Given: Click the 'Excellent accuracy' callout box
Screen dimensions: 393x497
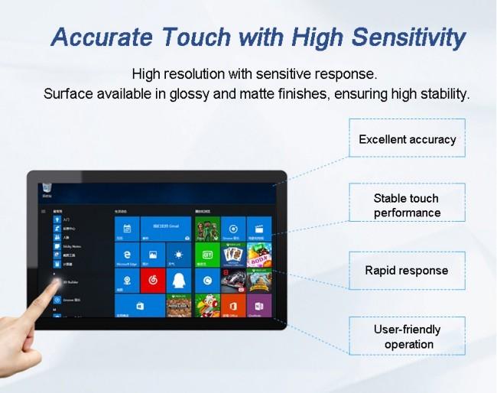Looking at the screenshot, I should tap(407, 139).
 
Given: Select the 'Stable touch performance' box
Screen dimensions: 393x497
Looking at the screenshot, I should tap(407, 206).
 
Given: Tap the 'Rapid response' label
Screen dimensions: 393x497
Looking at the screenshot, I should tap(407, 271).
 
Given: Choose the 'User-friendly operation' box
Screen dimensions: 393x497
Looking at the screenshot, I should tap(407, 336).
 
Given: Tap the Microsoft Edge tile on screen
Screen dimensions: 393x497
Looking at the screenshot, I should tap(126, 255).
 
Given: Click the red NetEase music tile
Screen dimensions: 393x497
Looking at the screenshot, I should tap(152, 281).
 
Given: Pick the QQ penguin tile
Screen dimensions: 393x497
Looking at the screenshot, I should tap(178, 281).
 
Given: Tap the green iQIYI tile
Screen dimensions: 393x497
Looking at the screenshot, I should tap(206, 255).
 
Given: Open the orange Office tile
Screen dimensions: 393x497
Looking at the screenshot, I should tap(232, 306).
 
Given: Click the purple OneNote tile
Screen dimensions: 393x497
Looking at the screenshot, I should tap(258, 306).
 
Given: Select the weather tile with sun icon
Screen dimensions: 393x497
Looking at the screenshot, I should tap(178, 255).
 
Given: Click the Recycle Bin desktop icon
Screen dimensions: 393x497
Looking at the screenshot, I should tap(47, 188).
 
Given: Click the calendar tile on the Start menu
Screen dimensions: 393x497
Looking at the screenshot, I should tap(126, 228).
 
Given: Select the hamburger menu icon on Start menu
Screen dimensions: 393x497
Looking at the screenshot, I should tap(44, 210).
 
